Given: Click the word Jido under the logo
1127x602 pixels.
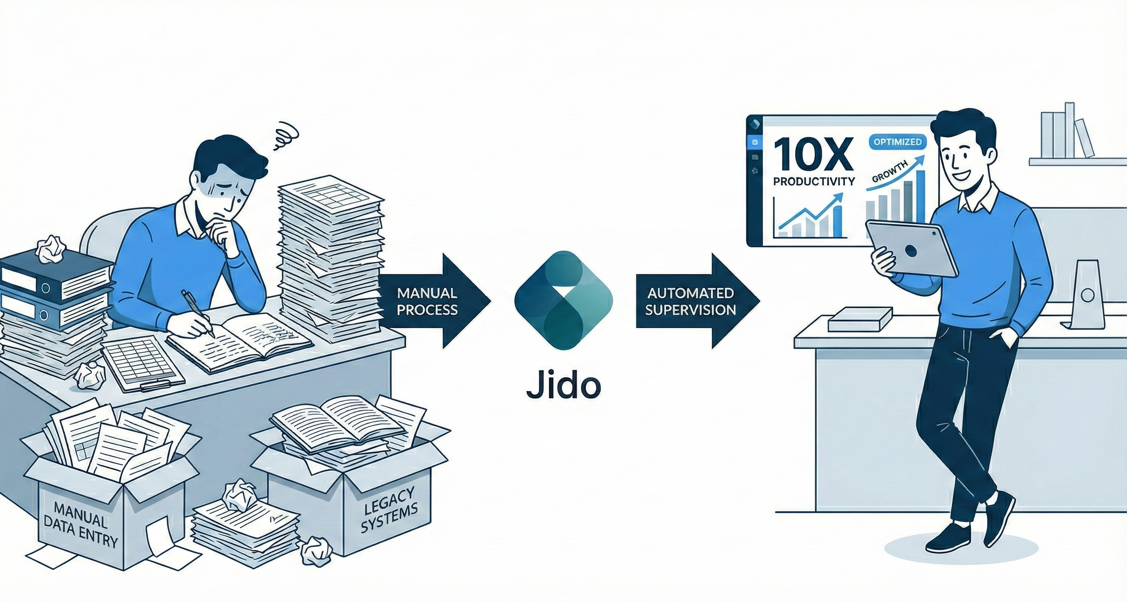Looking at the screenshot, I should pos(563,385).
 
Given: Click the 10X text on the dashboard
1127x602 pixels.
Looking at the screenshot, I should pos(812,155).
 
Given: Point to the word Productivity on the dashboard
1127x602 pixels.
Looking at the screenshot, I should pos(814,181).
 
